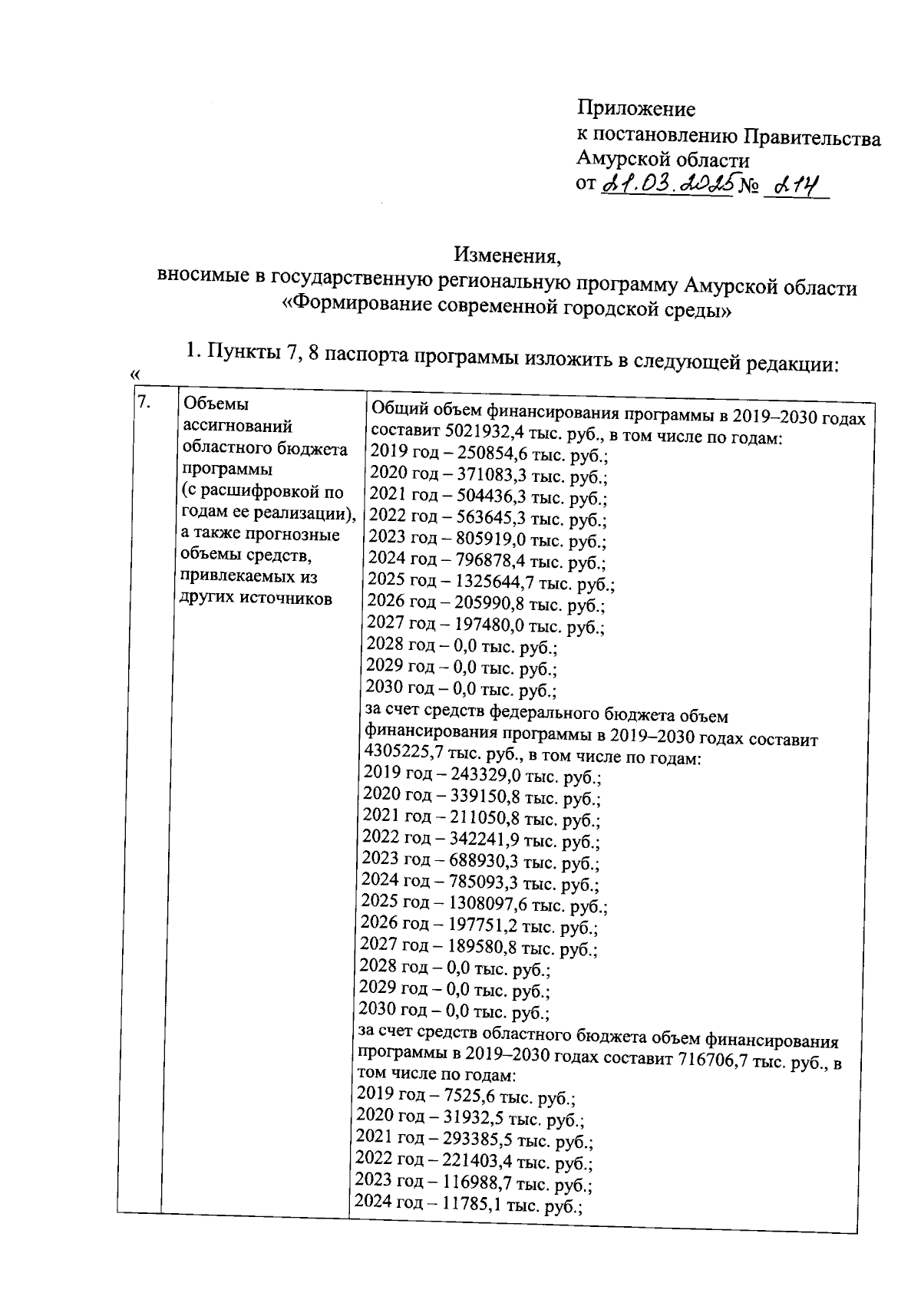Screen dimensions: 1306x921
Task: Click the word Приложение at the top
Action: (x=635, y=109)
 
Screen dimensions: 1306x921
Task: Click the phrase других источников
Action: (x=256, y=598)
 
